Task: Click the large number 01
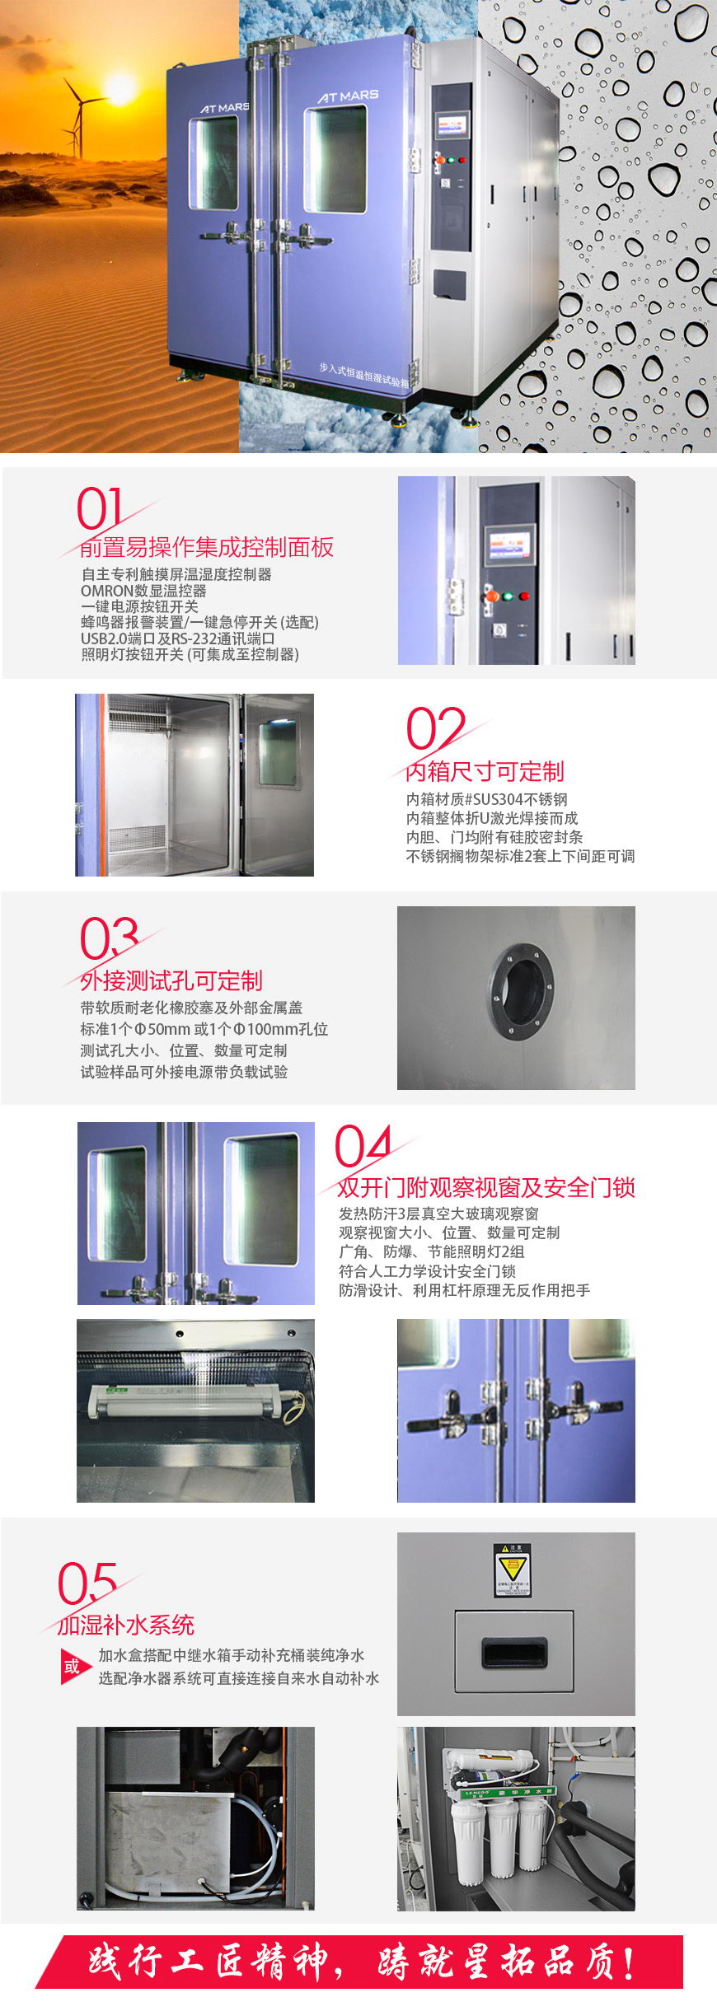(100, 508)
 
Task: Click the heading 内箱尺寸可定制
(485, 771)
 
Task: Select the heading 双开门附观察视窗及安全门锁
(485, 1187)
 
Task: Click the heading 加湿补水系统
(126, 1625)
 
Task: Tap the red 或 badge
(72, 1667)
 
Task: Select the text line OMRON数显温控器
(143, 591)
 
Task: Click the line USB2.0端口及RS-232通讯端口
(177, 638)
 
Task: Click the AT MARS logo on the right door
(348, 96)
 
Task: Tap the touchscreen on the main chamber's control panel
(452, 127)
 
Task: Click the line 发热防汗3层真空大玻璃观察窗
(438, 1214)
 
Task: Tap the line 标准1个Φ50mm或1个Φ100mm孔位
(204, 1029)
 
